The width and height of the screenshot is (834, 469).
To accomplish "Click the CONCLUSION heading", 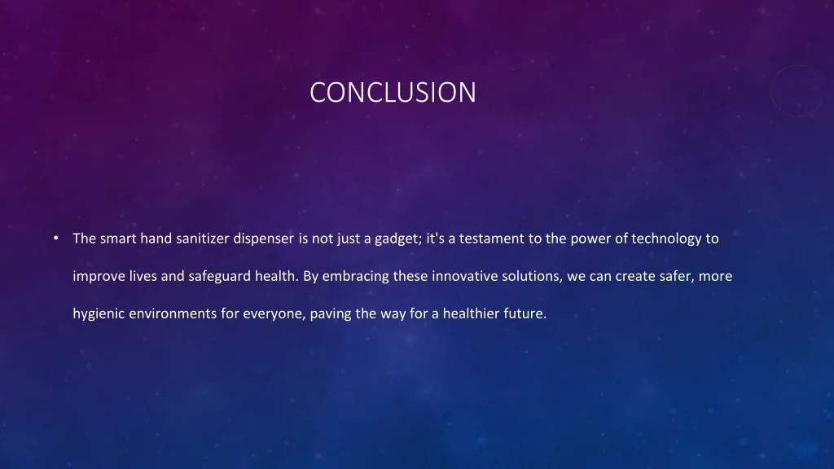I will point(393,92).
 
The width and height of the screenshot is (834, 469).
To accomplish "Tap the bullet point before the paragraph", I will point(55,239).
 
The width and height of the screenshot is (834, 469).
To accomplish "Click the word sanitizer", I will point(199,239).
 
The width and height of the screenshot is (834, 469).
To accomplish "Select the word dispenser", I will point(264,239).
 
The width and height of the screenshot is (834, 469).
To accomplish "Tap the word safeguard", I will point(220,276).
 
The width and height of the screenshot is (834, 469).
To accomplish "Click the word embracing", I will point(356,276).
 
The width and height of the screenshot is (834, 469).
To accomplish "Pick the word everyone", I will point(274,313).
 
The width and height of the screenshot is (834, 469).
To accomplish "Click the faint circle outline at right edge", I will point(801,91).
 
